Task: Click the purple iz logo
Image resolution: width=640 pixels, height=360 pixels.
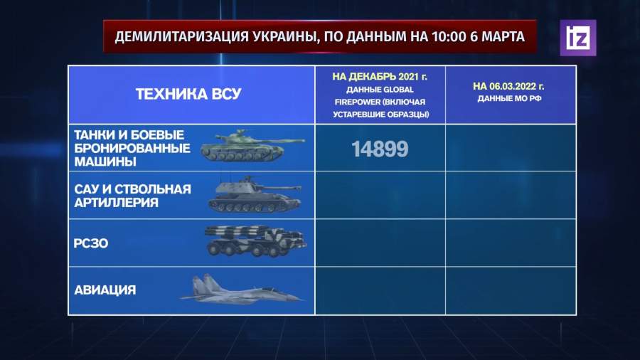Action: click(578, 38)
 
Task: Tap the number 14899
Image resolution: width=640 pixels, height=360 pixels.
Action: click(380, 149)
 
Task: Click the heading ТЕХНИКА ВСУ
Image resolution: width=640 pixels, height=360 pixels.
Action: click(188, 95)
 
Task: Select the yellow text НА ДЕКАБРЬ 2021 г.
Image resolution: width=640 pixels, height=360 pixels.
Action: click(380, 77)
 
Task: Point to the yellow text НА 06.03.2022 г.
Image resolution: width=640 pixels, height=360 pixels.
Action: click(508, 86)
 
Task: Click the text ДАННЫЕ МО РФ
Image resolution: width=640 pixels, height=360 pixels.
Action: click(509, 98)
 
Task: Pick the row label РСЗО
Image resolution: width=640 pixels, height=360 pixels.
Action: click(91, 243)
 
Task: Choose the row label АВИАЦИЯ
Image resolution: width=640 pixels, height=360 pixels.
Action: click(105, 290)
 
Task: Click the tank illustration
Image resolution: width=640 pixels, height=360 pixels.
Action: click(252, 146)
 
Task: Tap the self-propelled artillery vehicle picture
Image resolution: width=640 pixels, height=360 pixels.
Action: click(255, 195)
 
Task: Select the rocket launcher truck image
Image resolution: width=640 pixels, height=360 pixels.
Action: click(256, 240)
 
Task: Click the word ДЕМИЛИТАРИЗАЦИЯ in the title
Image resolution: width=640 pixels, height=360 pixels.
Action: click(181, 37)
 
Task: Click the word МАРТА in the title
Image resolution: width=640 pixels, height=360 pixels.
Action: click(503, 37)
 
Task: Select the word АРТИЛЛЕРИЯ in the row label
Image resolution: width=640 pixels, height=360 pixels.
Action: click(116, 203)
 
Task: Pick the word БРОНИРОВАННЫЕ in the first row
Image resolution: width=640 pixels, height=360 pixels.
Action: click(132, 148)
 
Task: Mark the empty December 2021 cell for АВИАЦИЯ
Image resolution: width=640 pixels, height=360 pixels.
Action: click(380, 290)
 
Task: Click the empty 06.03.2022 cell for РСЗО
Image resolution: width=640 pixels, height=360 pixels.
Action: click(511, 243)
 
